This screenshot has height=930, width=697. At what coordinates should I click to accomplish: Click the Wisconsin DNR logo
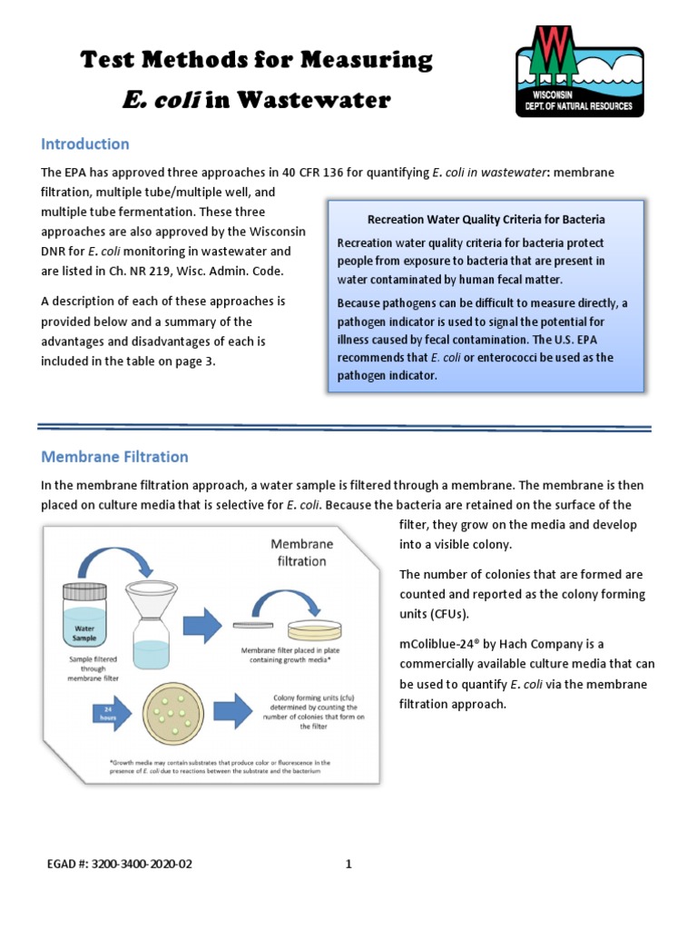point(580,70)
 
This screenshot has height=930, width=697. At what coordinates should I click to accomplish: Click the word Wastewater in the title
point(311,100)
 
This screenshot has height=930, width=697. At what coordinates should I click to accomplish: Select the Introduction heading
point(85,144)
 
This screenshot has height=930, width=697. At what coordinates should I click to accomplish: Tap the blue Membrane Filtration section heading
point(114,457)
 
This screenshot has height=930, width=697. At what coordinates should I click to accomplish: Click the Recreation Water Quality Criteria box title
point(486,220)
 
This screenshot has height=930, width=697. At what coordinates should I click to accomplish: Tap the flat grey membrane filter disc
point(253,625)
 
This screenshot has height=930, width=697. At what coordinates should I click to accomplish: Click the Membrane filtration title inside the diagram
point(302,552)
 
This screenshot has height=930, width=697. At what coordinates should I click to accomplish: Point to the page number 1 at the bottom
point(348,864)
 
